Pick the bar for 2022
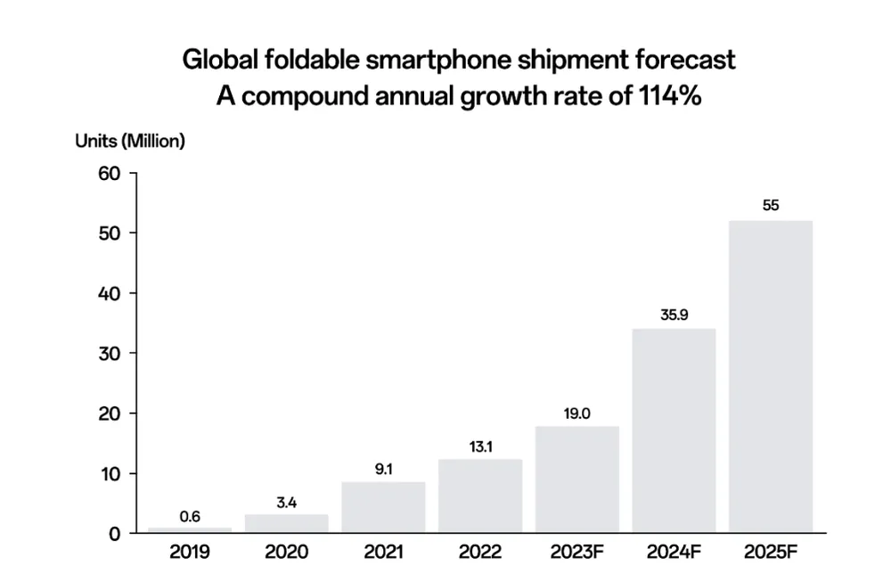pos(480,495)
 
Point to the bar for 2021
pos(383,507)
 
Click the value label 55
pos(771,205)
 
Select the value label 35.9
pos(674,314)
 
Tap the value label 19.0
pos(576,413)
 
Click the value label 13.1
pos(480,446)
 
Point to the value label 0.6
pos(190,515)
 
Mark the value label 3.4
pos(286,503)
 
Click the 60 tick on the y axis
pos(110,173)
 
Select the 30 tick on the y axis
pos(110,353)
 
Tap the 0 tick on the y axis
pos(115,534)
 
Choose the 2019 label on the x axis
pos(190,552)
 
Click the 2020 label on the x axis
pos(286,552)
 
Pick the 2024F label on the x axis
pos(674,552)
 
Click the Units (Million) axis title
pos(130,141)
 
